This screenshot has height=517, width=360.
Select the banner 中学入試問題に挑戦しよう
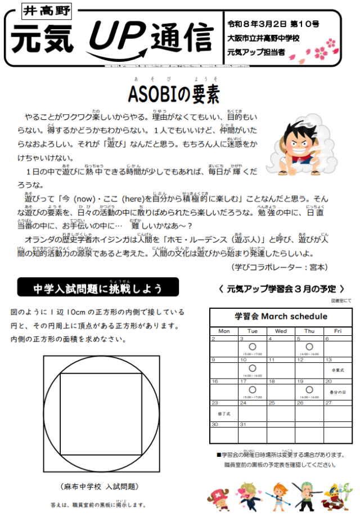point(98,289)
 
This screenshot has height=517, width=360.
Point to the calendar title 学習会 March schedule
point(281,316)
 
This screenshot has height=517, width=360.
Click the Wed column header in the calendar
point(281,331)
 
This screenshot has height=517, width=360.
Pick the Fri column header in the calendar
point(337,331)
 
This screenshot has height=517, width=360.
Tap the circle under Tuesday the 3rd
point(252,347)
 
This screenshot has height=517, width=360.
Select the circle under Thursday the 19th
point(309,389)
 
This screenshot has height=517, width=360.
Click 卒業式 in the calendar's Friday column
point(337,371)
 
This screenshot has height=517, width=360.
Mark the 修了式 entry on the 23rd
point(224,413)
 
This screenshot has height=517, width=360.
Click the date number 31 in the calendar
point(244,424)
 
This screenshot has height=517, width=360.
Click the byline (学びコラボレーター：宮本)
point(280,266)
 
